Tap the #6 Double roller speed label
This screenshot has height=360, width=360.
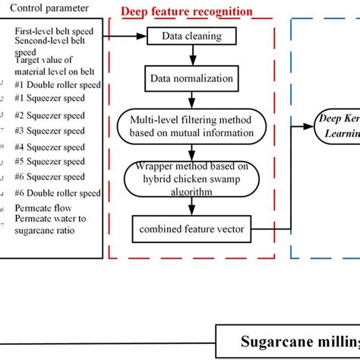coord(57,192)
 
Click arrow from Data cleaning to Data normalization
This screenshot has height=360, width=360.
coord(194,55)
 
